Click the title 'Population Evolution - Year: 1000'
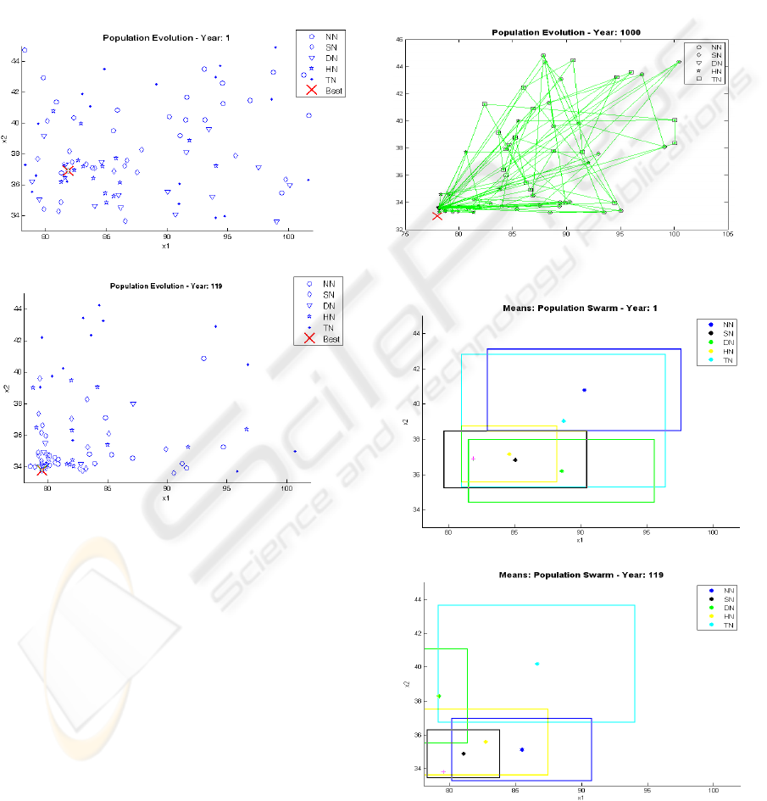point(565,32)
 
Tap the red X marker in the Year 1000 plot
point(437,215)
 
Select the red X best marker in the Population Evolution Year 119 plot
point(42,470)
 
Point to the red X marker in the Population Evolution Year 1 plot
point(69,170)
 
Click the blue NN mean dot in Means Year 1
point(585,390)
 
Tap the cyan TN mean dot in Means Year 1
point(564,420)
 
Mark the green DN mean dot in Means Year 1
point(562,470)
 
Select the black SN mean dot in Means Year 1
point(514,459)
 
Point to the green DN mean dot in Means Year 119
point(439,696)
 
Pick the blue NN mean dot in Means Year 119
point(522,749)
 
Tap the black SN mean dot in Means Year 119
point(464,754)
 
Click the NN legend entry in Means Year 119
point(722,589)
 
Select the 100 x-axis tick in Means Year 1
point(712,534)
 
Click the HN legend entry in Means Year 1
point(722,352)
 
